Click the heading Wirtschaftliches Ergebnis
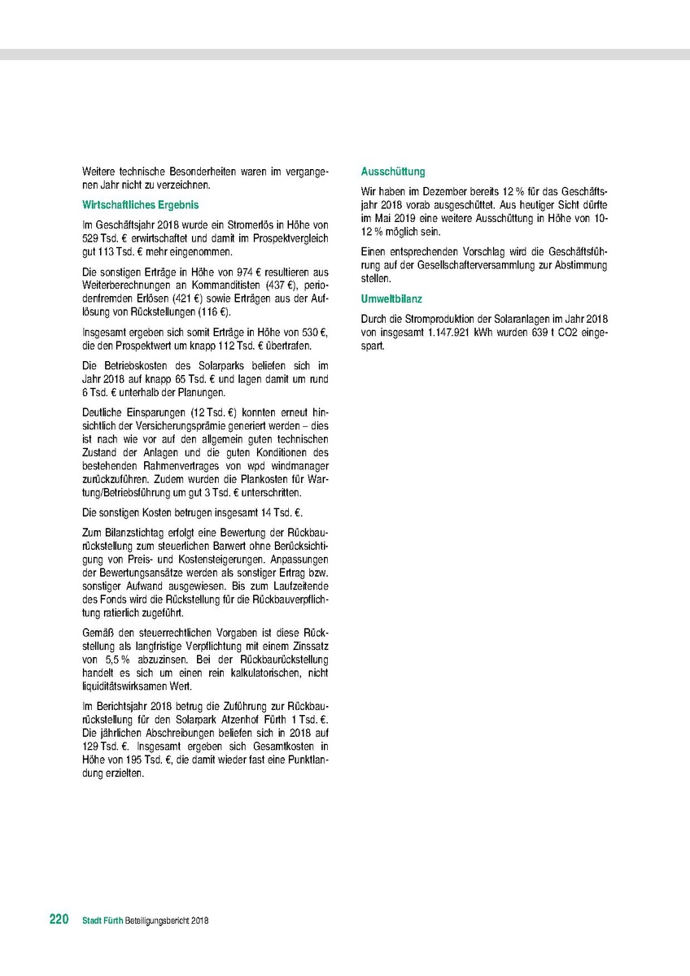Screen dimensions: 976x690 [140, 206]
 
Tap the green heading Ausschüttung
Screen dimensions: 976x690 [393, 172]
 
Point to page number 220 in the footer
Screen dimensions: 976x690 [59, 920]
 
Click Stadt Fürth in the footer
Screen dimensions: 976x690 [103, 921]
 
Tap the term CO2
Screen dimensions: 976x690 [570, 333]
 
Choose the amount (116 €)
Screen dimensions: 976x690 [212, 313]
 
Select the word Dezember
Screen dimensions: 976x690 [432, 190]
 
